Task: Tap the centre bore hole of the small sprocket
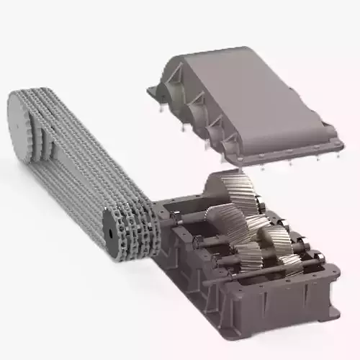click(109, 233)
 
